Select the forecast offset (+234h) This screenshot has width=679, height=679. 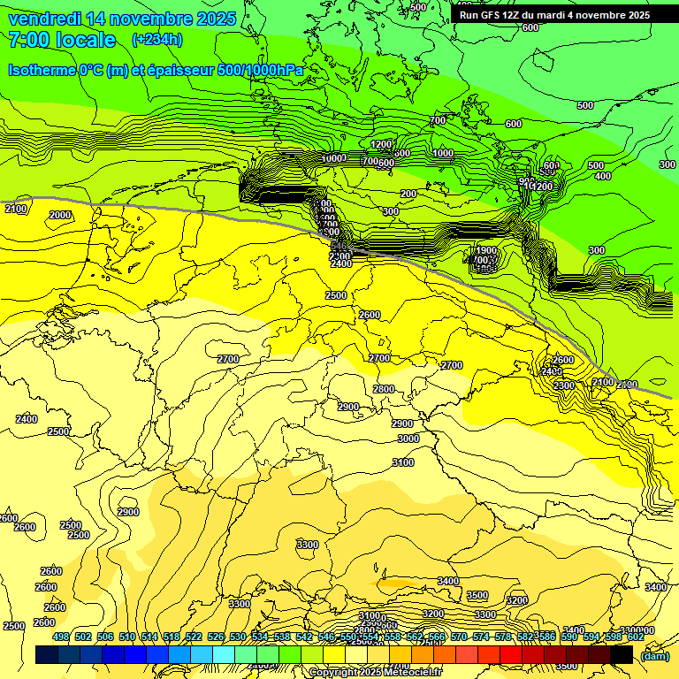156,40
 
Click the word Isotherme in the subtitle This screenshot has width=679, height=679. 42,70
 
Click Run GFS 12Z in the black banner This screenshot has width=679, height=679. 500,15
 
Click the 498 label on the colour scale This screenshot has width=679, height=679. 61,637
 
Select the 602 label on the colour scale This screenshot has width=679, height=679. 636,637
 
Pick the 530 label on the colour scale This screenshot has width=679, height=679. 238,637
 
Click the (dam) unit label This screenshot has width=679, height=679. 654,655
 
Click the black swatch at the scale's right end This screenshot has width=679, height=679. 622,655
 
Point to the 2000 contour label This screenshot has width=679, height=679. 60,215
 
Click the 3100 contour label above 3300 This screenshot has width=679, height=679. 402,462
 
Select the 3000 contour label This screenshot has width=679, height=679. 408,439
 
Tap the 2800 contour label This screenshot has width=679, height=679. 384,389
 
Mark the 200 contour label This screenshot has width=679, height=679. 408,194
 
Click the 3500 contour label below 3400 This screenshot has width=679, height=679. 477,595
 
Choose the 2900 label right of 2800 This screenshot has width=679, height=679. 402,423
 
